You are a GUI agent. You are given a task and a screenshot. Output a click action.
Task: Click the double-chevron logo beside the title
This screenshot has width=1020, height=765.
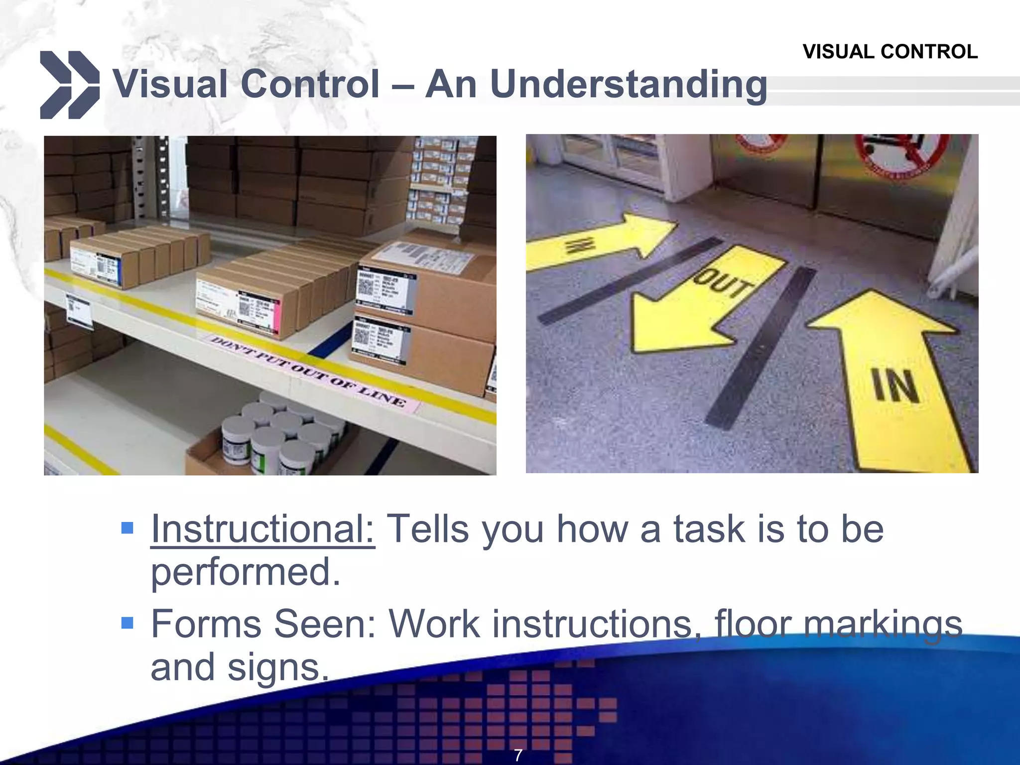point(69,85)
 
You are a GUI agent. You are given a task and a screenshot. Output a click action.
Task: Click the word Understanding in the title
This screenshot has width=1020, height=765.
point(628,85)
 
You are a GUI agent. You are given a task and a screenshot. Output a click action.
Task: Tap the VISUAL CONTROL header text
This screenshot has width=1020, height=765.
point(890,52)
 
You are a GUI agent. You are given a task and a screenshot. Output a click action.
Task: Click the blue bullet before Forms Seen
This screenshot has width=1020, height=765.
point(127,623)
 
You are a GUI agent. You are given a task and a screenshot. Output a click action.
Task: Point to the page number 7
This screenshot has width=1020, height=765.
point(518,755)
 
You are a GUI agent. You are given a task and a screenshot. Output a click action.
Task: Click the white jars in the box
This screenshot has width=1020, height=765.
point(279,433)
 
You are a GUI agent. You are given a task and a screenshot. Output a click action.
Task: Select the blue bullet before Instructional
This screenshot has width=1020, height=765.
point(127,527)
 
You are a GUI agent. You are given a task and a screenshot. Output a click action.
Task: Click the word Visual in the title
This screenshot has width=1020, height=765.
point(170,85)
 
